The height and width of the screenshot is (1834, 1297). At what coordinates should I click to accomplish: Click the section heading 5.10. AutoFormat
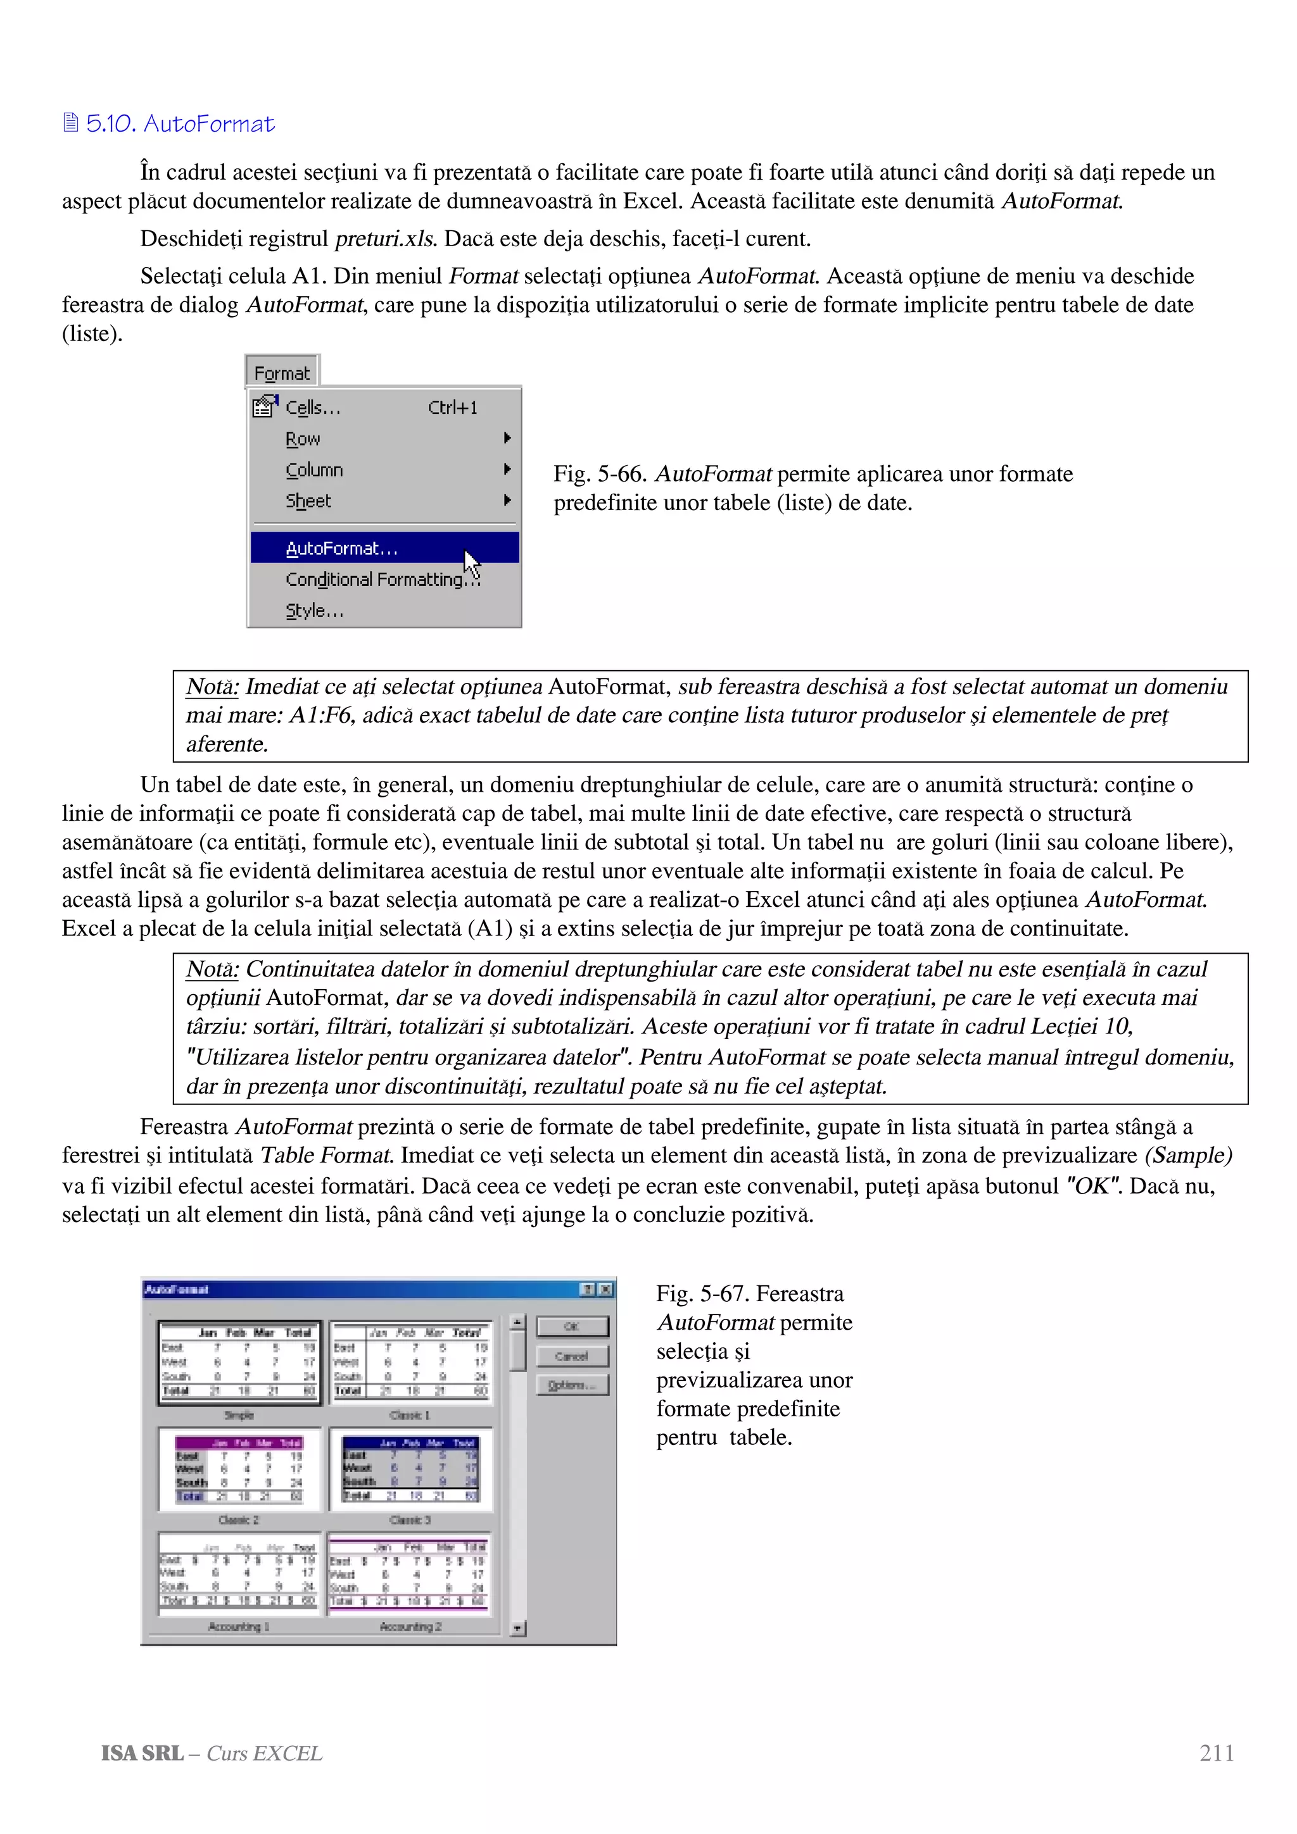pos(180,124)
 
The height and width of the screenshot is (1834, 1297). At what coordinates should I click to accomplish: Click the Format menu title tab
pos(281,373)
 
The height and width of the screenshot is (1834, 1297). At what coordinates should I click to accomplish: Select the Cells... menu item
pos(312,408)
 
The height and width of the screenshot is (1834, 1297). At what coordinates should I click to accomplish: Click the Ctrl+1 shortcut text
pos(452,408)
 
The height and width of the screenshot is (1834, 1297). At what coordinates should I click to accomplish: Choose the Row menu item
pos(303,439)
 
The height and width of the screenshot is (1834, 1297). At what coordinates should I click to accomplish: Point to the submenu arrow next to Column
pos(507,470)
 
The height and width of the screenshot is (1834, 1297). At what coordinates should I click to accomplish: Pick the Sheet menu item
pos(308,501)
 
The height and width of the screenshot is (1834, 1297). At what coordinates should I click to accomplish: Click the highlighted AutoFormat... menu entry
pos(342,549)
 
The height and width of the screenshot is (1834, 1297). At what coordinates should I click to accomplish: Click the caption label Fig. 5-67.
pos(702,1293)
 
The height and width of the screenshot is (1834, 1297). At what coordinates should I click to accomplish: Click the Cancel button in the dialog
pos(572,1356)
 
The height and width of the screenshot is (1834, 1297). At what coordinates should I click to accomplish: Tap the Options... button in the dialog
pos(572,1385)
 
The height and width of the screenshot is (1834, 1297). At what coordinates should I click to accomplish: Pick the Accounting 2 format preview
pos(410,1574)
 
